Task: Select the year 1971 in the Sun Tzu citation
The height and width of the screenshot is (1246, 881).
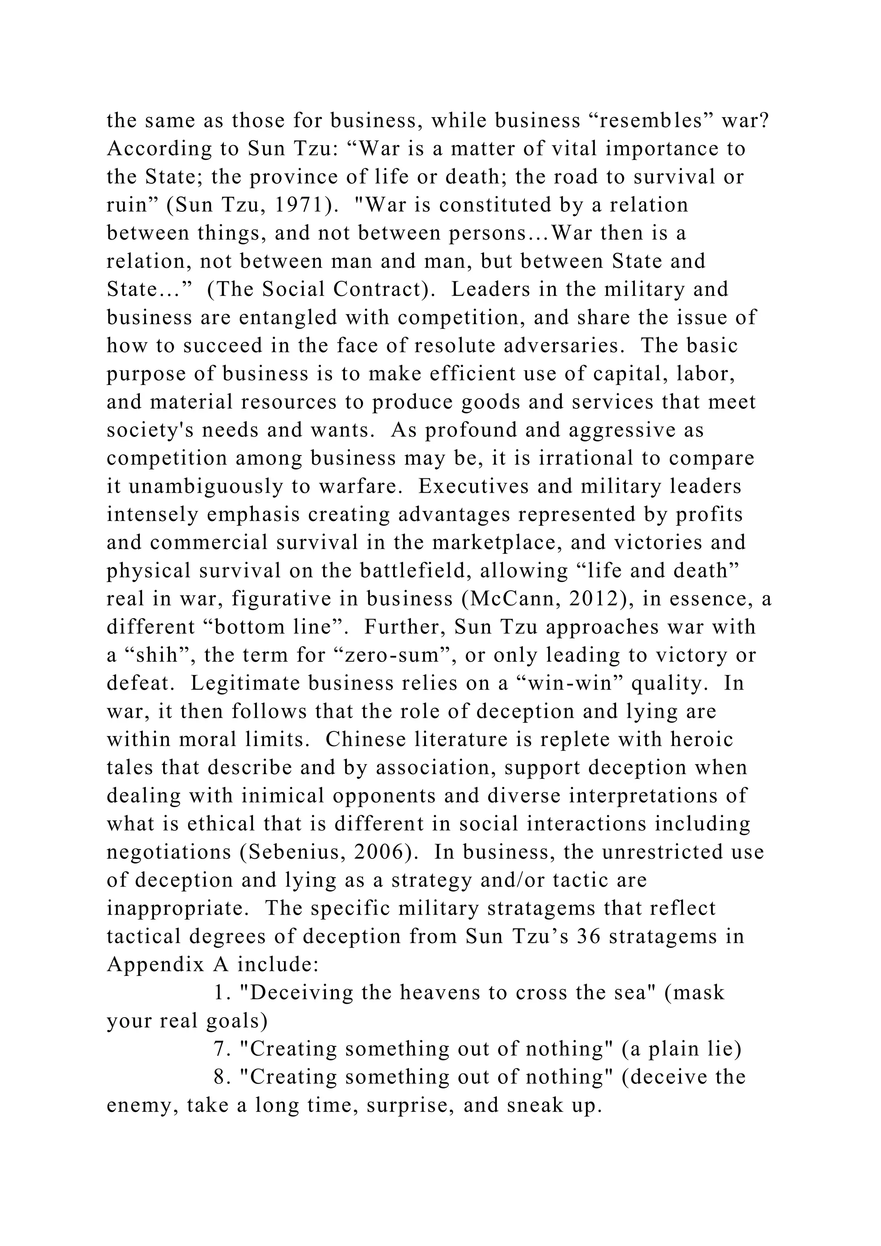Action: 299,205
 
